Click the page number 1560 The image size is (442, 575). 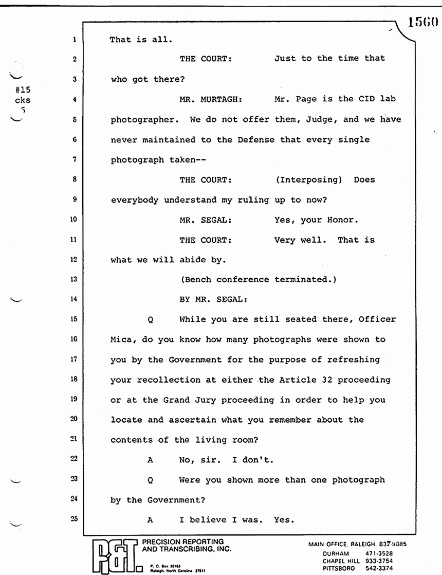[422, 23]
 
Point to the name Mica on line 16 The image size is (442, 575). [121, 339]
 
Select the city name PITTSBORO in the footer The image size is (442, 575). [339, 568]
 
